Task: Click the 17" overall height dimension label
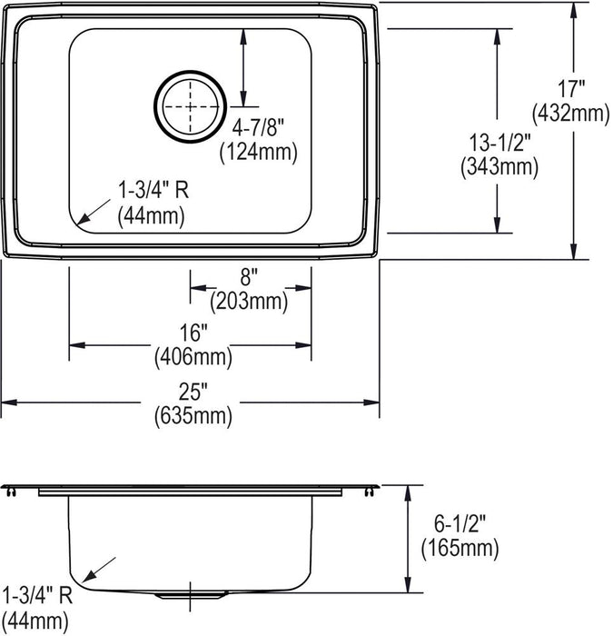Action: tap(571, 89)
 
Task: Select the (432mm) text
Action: tap(571, 113)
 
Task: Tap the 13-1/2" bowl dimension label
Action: tap(499, 143)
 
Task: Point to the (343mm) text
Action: tap(499, 166)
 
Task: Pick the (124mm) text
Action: tap(259, 152)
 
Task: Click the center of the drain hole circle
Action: tap(190, 106)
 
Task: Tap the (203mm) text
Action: tap(249, 302)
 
